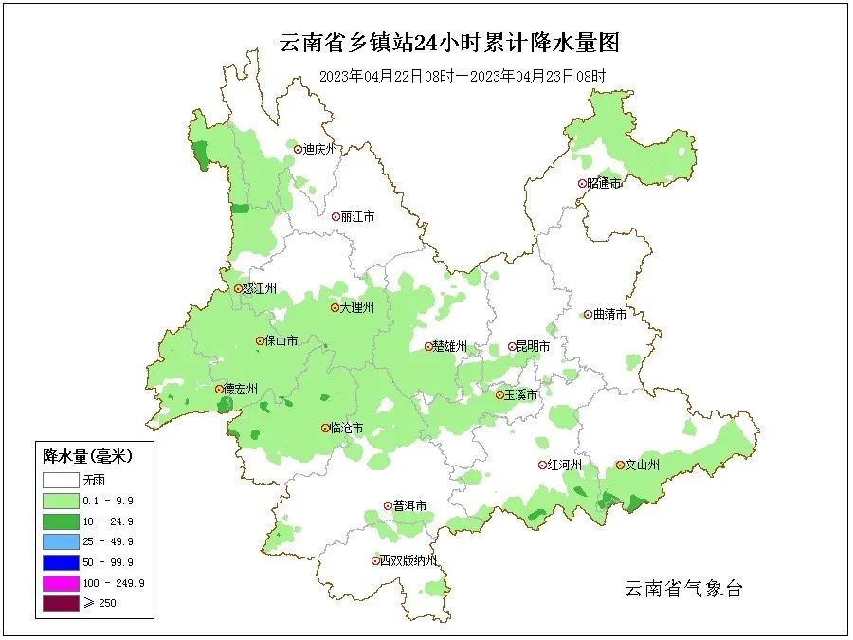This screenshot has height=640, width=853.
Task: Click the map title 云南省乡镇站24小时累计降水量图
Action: click(x=449, y=43)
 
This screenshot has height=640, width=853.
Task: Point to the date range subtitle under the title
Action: click(x=462, y=76)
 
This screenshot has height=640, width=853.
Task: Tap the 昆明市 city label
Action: click(x=533, y=347)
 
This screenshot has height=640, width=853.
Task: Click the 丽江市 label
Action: click(x=357, y=216)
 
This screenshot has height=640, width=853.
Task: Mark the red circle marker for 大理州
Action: click(x=335, y=307)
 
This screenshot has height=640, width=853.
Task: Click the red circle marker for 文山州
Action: click(x=620, y=465)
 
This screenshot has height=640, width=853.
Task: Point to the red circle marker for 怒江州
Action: click(x=238, y=288)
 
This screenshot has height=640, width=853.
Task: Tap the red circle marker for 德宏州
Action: click(x=219, y=389)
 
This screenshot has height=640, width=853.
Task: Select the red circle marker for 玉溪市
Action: click(x=499, y=393)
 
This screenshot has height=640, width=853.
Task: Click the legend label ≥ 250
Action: click(x=100, y=603)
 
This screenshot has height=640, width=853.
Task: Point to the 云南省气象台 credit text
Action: click(x=682, y=589)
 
